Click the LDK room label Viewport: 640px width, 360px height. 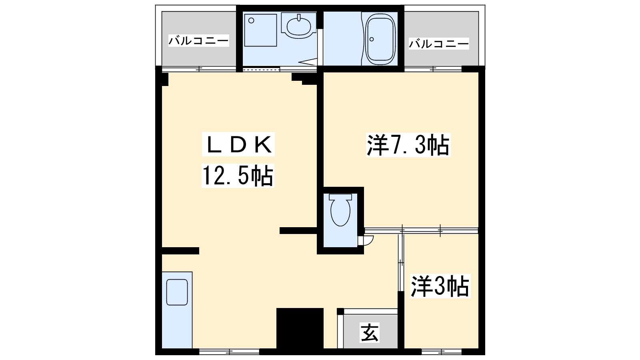point(238,144)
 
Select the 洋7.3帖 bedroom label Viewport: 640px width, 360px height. point(408,145)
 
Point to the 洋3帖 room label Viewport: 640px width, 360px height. point(440,286)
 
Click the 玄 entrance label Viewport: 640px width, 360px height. point(370,332)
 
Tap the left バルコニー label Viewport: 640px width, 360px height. point(198,40)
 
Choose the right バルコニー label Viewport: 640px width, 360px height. point(439,44)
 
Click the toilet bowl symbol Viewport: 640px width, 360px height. point(340,212)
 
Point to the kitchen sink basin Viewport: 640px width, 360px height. point(177,292)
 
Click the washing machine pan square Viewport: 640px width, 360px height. point(260,30)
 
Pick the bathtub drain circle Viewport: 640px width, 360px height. point(372,39)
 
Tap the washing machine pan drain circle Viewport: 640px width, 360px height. point(252,20)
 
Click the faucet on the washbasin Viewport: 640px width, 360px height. point(299,18)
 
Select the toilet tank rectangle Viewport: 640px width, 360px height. point(340,197)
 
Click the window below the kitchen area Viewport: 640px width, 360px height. point(229,351)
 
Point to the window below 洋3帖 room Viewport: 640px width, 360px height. point(442,351)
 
